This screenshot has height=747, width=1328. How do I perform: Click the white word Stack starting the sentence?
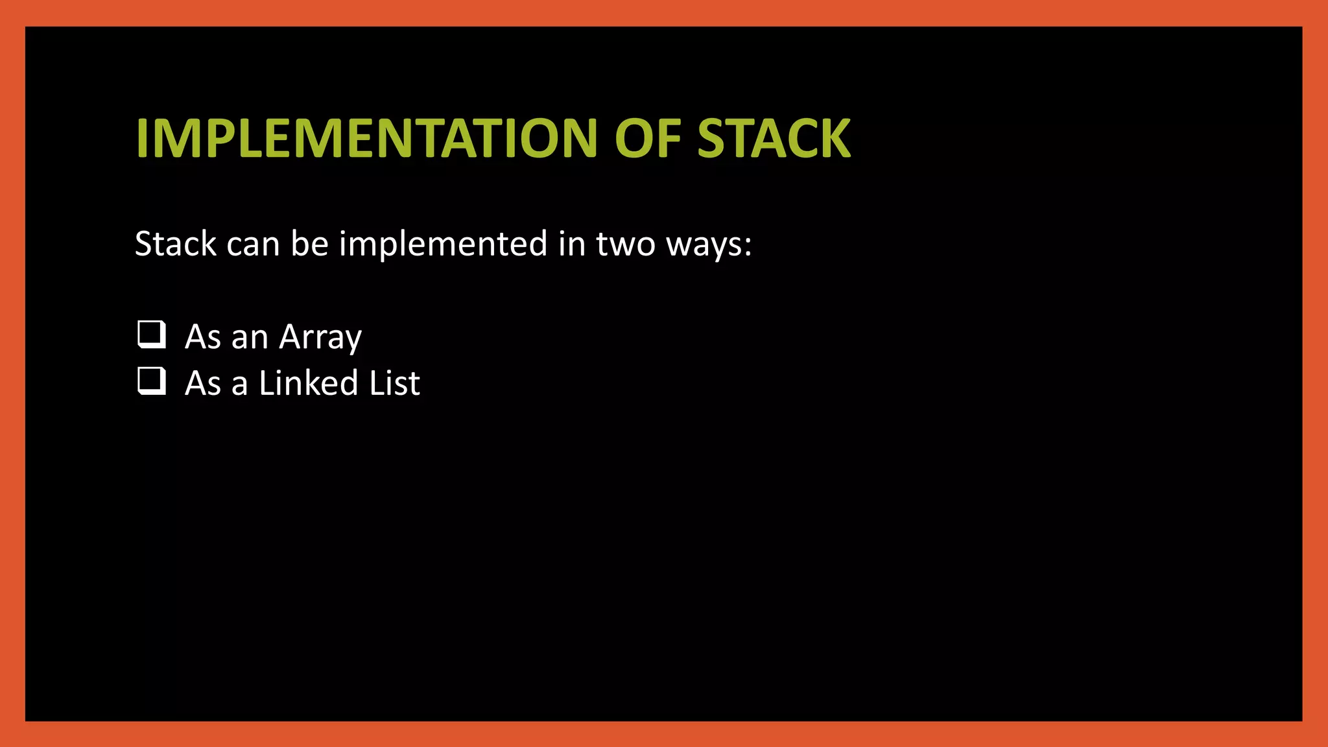coord(175,244)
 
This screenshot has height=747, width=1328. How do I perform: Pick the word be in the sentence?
coord(309,244)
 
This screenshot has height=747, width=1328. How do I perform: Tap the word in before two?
coord(572,244)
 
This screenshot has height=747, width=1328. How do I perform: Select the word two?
coord(625,245)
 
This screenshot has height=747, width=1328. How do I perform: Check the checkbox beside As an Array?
coord(151,335)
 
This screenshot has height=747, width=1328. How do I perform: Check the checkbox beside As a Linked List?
coord(151,381)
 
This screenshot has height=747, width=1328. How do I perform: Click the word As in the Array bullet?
coord(203,337)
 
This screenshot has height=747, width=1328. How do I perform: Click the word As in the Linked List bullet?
coord(203,383)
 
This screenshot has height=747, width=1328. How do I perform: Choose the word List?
coord(394,383)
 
